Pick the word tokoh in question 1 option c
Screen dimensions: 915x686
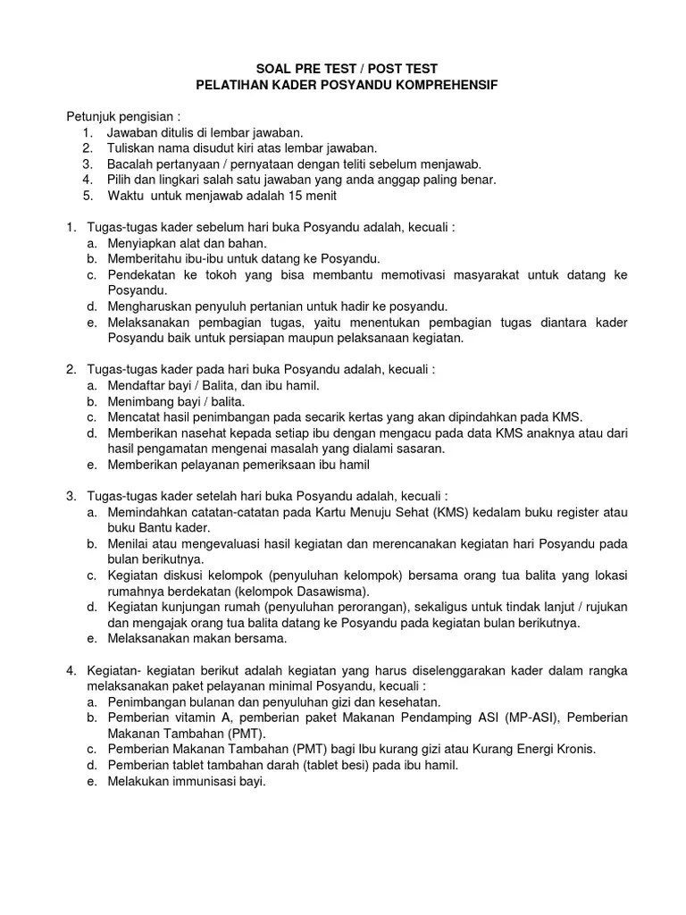coord(226,274)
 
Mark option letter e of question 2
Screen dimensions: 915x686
coord(91,465)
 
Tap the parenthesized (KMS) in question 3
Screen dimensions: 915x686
coord(435,512)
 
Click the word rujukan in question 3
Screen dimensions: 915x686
coord(601,607)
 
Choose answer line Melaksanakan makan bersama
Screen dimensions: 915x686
coord(197,638)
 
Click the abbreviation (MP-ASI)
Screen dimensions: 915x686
coord(527,718)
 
